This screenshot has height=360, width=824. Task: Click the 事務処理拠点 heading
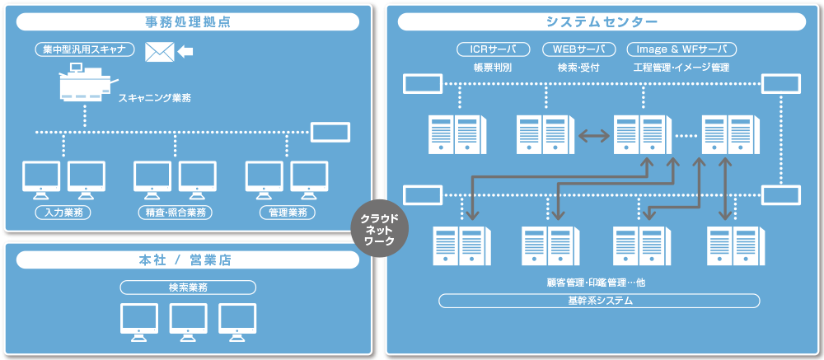[x=186, y=22]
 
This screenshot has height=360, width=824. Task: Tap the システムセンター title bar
[x=602, y=22]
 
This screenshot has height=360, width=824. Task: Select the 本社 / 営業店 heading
[x=186, y=260]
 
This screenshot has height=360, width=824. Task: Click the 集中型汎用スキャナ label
[x=85, y=49]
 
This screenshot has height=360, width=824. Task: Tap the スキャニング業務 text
[x=154, y=98]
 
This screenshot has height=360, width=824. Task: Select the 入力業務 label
[x=63, y=213]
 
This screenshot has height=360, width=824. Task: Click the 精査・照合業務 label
[x=174, y=213]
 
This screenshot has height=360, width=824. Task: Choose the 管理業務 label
[x=287, y=213]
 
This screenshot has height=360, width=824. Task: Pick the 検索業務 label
[x=187, y=288]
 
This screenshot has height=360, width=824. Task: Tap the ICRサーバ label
[x=494, y=49]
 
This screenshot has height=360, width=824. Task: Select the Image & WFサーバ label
[x=681, y=49]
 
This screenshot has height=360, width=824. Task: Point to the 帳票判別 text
[x=493, y=68]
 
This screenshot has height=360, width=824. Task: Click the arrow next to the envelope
[x=186, y=52]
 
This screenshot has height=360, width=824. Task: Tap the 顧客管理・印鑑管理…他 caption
[x=599, y=283]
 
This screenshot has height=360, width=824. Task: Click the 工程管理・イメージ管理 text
[x=681, y=68]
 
